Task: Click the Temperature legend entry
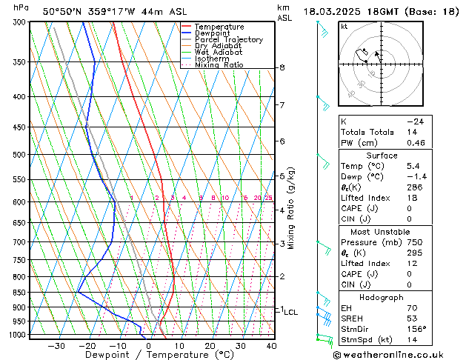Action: point(219,27)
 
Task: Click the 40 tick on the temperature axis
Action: point(271,346)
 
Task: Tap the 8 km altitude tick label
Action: point(282,67)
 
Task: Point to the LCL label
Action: point(291,313)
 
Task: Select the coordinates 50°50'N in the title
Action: point(64,11)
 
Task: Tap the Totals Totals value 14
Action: point(411,132)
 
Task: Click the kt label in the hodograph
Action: point(344,26)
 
